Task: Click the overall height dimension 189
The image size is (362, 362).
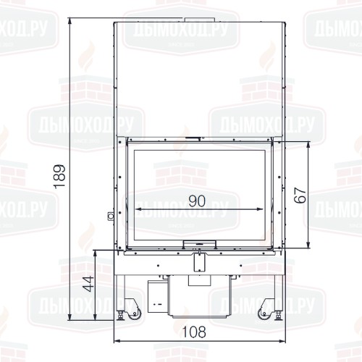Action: [x=59, y=177]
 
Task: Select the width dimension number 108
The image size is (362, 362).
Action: [x=194, y=332]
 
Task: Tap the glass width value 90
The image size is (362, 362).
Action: [x=197, y=201]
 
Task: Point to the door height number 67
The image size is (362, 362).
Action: [x=300, y=195]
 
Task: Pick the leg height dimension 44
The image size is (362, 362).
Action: [x=88, y=283]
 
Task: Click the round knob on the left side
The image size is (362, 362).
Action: [x=111, y=216]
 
